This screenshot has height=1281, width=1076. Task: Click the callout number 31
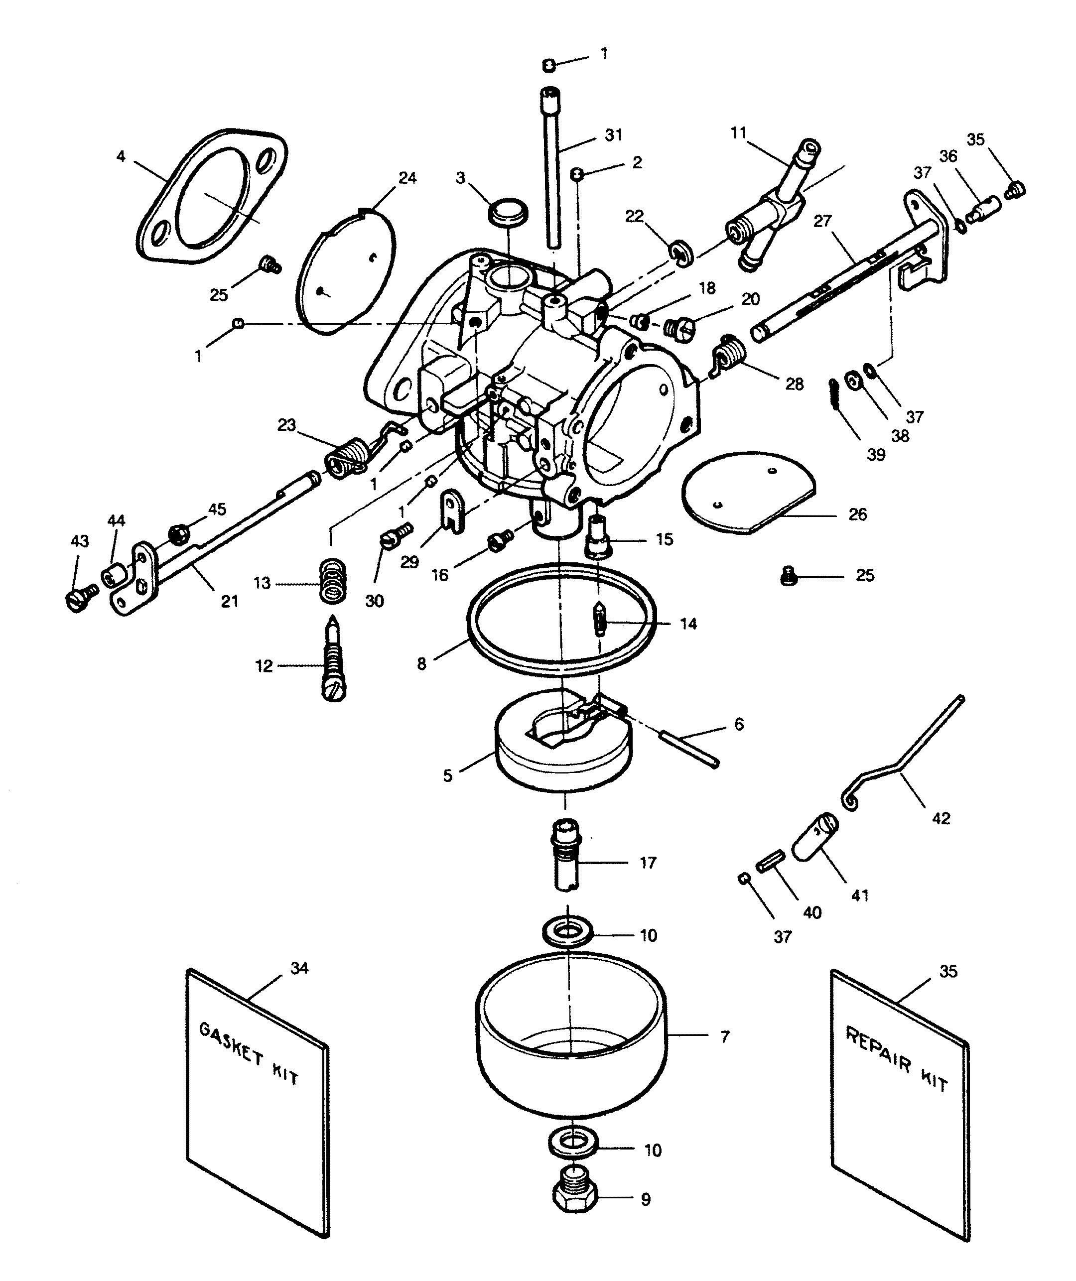pos(613,135)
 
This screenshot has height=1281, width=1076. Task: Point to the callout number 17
pos(648,863)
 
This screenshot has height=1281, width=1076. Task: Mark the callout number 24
pos(407,178)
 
